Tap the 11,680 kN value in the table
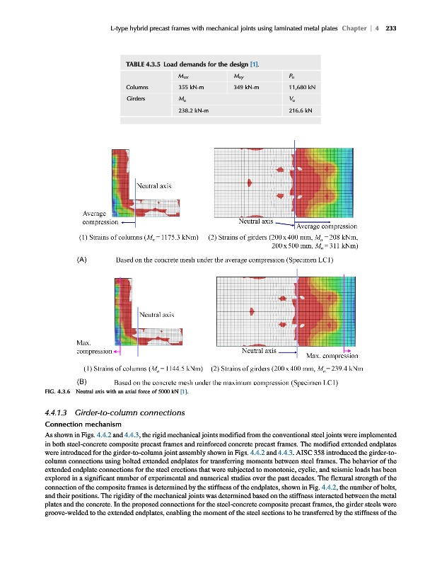tap(302, 88)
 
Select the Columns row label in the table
tap(139, 88)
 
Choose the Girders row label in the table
tap(138, 100)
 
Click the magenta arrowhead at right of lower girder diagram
tap(348, 350)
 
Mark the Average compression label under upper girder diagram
tap(327, 226)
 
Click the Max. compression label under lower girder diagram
tap(332, 356)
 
